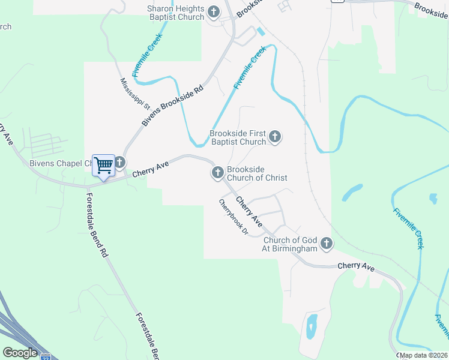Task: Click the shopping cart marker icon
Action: click(103, 165)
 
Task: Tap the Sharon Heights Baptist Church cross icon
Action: click(214, 11)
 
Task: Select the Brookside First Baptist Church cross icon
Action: click(275, 137)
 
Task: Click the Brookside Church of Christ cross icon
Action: click(217, 173)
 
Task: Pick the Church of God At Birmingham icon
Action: click(327, 244)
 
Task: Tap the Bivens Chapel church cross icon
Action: click(120, 162)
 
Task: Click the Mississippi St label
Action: click(133, 93)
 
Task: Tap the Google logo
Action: click(20, 353)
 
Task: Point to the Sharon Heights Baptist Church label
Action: click(176, 13)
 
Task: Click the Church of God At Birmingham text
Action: click(291, 244)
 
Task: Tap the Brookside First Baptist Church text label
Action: click(238, 137)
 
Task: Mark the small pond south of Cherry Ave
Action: click(312, 326)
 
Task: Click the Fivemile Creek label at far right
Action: click(409, 228)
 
